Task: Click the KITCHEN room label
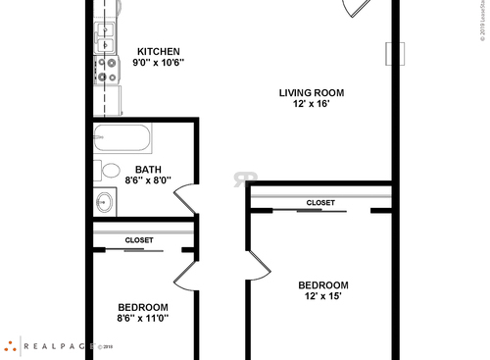pyautogui.click(x=158, y=51)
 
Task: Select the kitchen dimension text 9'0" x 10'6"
pyautogui.click(x=158, y=63)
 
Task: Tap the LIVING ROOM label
pyautogui.click(x=311, y=93)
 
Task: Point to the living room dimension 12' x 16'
pyautogui.click(x=311, y=105)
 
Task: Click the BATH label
pyautogui.click(x=148, y=170)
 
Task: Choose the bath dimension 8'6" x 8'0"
pyautogui.click(x=148, y=180)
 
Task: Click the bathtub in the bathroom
pyautogui.click(x=122, y=137)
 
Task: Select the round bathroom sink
pyautogui.click(x=105, y=203)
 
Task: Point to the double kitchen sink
pyautogui.click(x=105, y=37)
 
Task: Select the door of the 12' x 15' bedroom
pyautogui.click(x=257, y=265)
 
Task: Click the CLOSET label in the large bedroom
pyautogui.click(x=320, y=203)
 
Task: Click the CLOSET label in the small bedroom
pyautogui.click(x=138, y=239)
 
